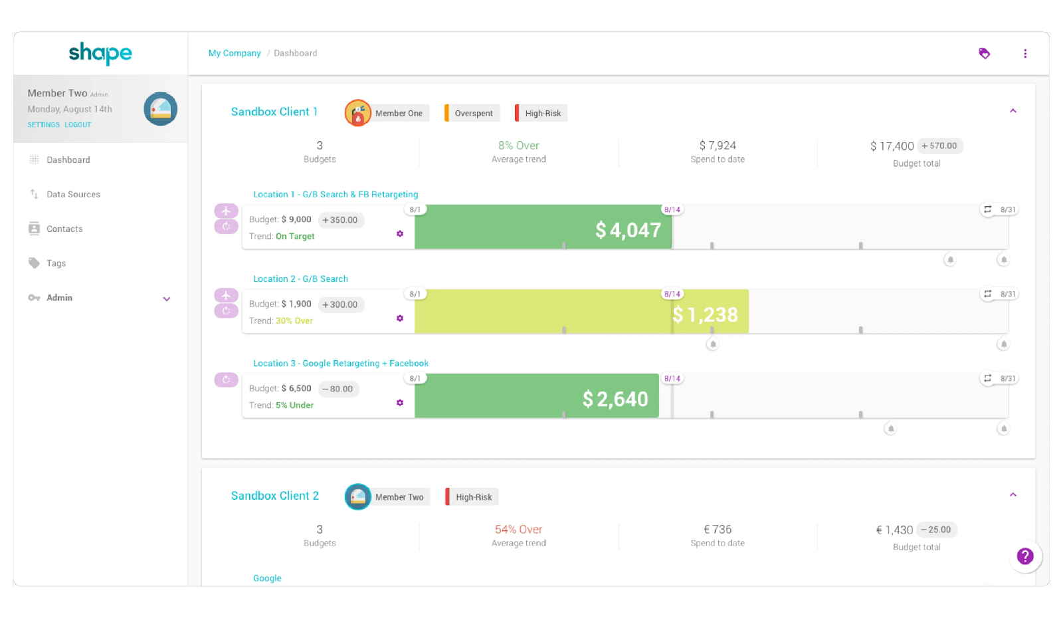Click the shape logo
100,52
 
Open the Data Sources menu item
73,194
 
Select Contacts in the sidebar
64,229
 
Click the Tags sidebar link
56,263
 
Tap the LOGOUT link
78,125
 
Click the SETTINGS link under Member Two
44,125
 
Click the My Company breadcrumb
235,53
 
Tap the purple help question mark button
1025,556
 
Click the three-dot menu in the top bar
1025,54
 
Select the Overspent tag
472,113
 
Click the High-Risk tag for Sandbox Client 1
541,113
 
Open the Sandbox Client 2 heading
275,496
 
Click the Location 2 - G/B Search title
300,278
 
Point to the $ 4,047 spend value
628,230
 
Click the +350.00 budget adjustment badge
340,220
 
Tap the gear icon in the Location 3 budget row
400,403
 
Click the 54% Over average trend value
518,529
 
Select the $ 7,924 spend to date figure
718,146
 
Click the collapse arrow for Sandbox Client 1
1013,111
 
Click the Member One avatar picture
358,113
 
